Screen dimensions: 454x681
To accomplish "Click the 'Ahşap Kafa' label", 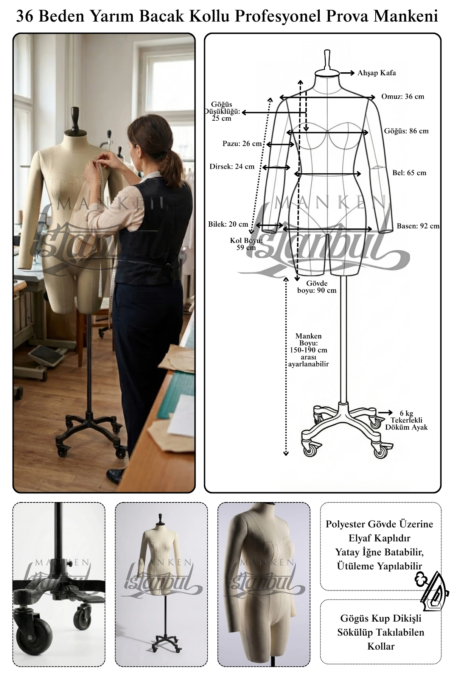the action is pos(377,73).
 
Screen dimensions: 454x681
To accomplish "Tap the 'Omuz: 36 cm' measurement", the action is pos(403,96).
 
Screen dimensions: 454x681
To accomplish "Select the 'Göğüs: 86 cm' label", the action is pos(406,131).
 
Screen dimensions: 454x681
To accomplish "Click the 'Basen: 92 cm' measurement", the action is pos(418,226).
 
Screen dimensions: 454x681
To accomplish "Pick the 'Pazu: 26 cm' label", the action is pos(242,144).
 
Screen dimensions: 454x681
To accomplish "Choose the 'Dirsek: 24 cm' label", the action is pos(232,166).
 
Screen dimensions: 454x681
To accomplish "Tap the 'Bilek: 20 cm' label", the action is pos(228,224).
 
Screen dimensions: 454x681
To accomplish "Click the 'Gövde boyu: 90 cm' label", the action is pos(317,287).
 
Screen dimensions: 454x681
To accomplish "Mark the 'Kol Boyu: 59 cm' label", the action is pos(246,244).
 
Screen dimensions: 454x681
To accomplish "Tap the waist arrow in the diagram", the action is pos(328,174).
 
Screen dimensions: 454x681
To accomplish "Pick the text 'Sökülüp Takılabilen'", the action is pos(381,632).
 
